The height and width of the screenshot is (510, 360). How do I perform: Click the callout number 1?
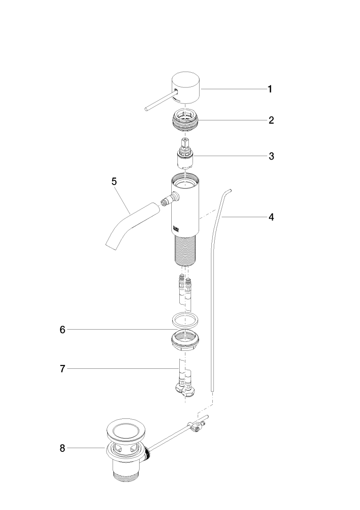tap(270, 89)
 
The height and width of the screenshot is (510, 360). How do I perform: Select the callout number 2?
tap(271, 120)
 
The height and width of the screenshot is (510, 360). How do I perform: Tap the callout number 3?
tap(271, 156)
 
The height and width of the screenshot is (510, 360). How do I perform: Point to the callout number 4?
tap(271, 217)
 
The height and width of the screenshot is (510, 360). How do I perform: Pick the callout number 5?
tap(114, 181)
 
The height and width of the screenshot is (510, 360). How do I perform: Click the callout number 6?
tap(63, 330)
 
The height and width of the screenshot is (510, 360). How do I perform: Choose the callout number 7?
tap(63, 369)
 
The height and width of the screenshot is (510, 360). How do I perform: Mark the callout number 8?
tap(63, 448)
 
